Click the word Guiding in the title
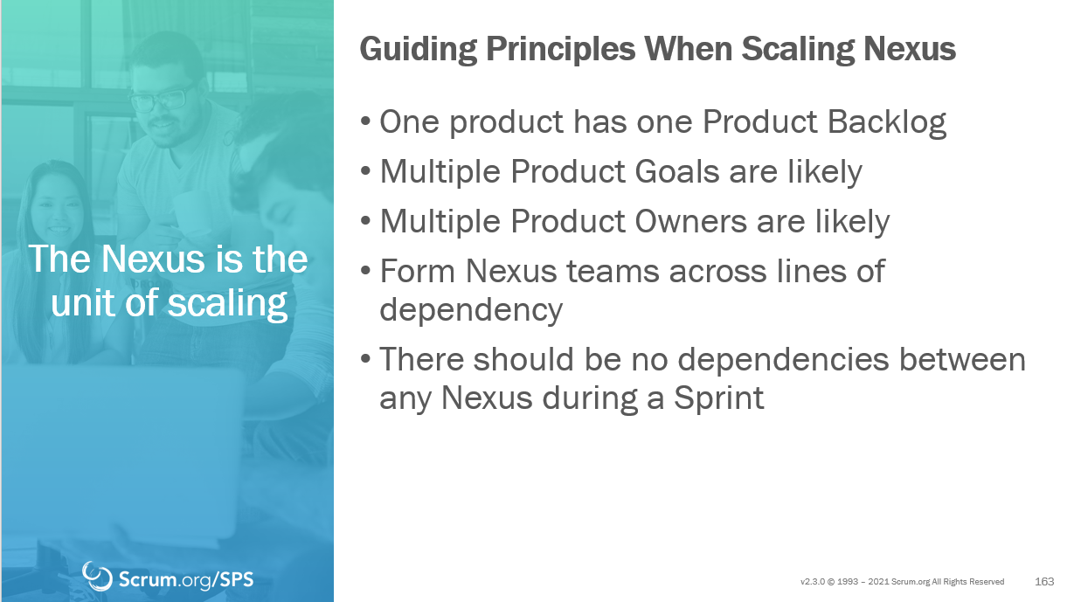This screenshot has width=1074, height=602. [x=418, y=50]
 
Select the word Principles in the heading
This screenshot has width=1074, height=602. [x=560, y=50]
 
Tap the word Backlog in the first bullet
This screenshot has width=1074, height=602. [x=887, y=122]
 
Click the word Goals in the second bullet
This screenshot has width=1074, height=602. [x=677, y=171]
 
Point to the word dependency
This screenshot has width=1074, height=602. [x=471, y=311]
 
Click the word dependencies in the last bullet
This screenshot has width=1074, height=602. [x=783, y=359]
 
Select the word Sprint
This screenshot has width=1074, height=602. [x=718, y=398]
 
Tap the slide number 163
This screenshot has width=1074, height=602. [x=1044, y=581]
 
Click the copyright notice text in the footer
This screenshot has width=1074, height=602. [x=902, y=582]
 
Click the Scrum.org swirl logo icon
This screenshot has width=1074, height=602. [x=96, y=576]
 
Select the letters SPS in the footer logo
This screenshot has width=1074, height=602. [x=236, y=580]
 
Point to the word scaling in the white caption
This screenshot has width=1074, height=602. [x=227, y=304]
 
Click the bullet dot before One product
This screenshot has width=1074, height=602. [x=365, y=121]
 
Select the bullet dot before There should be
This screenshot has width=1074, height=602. [x=365, y=358]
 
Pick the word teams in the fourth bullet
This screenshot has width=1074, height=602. [x=613, y=272]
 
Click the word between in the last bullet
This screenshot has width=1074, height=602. [x=962, y=359]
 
